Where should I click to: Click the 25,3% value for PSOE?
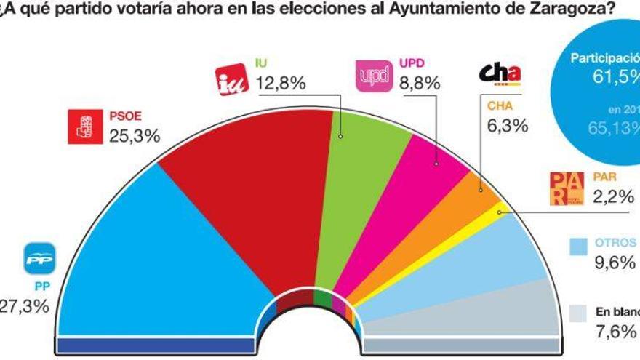134,135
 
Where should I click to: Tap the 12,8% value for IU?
280,84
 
